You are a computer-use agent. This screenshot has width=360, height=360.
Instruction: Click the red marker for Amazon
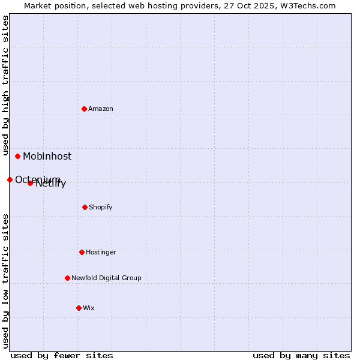click(84, 109)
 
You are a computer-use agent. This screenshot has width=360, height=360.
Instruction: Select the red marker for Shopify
click(85, 207)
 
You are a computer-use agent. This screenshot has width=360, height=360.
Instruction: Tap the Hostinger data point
click(82, 252)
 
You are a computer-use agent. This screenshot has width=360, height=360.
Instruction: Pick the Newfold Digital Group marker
click(67, 278)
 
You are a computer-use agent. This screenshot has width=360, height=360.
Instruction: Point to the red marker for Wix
click(79, 308)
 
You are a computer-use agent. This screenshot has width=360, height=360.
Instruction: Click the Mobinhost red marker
click(17, 156)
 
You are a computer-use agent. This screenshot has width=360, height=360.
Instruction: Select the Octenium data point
click(10, 179)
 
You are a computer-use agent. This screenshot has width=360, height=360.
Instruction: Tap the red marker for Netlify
click(30, 183)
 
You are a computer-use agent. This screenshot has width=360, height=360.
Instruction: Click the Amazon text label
click(101, 109)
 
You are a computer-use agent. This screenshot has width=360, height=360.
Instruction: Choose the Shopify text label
click(101, 207)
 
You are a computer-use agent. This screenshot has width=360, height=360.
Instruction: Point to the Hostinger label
click(101, 252)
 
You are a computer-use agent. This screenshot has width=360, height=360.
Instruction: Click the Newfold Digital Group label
click(106, 278)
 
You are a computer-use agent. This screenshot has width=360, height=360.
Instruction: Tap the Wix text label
click(89, 308)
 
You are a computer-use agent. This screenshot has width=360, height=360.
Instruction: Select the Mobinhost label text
click(47, 156)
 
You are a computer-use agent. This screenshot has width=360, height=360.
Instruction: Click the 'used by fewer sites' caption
click(62, 355)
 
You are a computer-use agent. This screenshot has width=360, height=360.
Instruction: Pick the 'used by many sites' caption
click(301, 355)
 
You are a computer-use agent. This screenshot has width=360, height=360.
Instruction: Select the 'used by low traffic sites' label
click(5, 281)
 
